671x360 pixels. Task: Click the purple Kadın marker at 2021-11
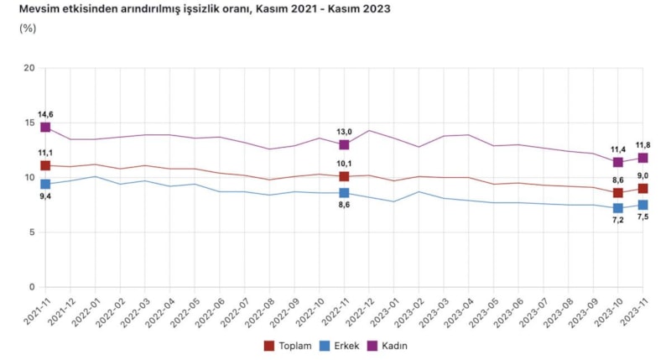coord(45,128)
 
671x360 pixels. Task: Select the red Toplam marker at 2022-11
coord(344,176)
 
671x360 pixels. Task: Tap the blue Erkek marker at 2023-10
coord(618,208)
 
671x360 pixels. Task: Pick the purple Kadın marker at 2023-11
coord(642,158)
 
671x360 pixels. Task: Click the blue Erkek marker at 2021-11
coord(45,184)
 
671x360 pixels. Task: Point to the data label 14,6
coord(45,114)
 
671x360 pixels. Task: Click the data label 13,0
coord(344,132)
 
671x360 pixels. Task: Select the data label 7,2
coord(618,220)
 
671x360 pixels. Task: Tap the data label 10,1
coord(344,164)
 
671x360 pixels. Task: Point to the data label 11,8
coord(642,145)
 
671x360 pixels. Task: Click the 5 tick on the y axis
coord(31,232)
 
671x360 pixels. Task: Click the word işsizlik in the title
coord(190,9)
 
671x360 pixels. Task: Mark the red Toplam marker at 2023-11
coord(642,189)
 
